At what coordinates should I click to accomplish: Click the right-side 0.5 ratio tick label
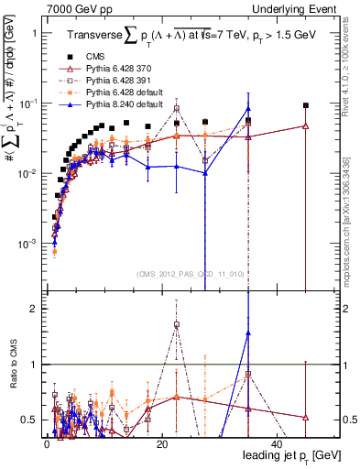(x=333, y=420)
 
